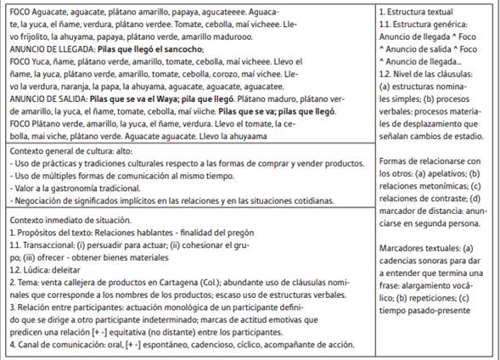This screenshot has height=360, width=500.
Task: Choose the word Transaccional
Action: [x=50, y=244]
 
